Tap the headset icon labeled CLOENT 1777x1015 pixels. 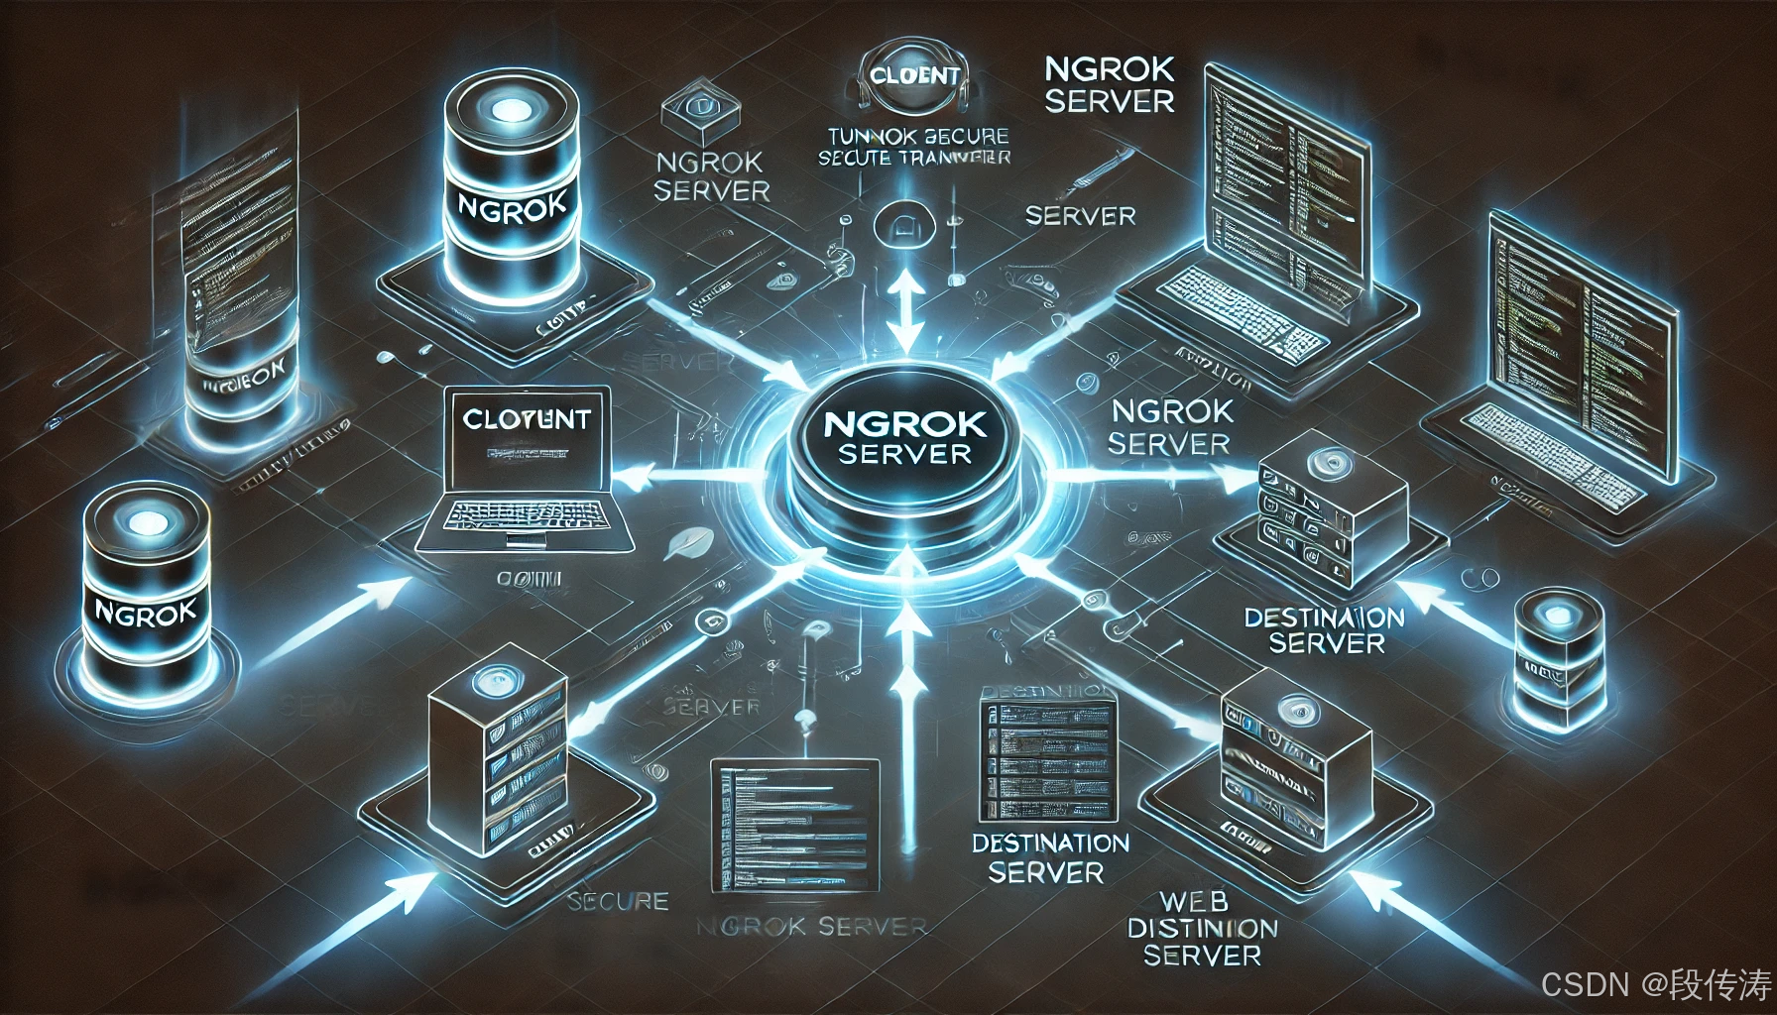(912, 78)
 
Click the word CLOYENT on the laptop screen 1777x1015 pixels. (526, 419)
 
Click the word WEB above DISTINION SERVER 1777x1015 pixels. (1194, 902)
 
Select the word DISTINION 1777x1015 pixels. (1202, 929)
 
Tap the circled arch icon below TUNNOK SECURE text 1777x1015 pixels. (903, 224)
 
